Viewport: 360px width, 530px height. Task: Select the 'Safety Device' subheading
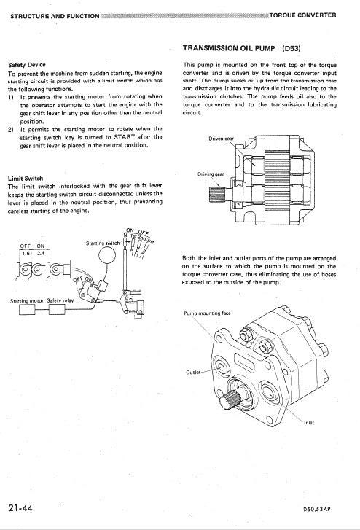(x=27, y=65)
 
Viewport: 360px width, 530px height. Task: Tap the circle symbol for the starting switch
(x=106, y=257)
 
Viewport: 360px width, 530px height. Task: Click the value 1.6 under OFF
(x=26, y=253)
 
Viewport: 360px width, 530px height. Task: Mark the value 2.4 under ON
(x=44, y=253)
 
